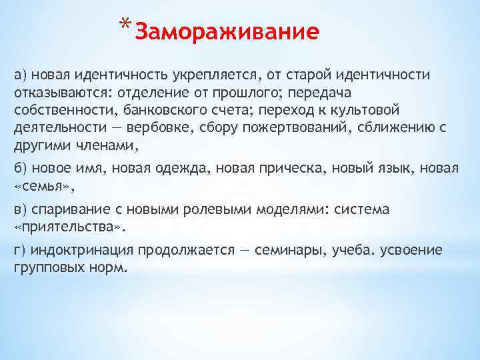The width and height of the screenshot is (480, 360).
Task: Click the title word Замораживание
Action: click(227, 32)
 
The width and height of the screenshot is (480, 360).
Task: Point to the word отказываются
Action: click(55, 91)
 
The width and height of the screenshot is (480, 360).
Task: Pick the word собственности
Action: click(58, 109)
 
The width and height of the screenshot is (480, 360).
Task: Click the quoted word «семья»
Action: click(39, 185)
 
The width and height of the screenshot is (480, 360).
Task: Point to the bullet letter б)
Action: click(21, 168)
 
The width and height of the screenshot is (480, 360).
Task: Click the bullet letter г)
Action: click(20, 251)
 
